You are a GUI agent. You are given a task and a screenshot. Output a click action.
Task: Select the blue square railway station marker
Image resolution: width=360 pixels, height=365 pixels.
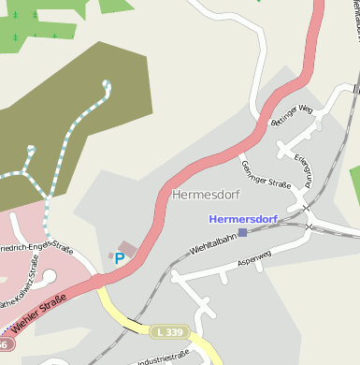click(x=243, y=232)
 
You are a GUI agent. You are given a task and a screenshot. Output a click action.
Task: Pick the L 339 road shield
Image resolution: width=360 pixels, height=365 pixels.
click(x=169, y=332)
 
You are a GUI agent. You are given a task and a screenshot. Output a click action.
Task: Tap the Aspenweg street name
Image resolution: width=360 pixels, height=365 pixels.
click(x=255, y=256)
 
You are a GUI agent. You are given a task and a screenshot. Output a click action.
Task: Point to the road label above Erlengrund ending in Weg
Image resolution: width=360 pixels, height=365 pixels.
click(x=289, y=115)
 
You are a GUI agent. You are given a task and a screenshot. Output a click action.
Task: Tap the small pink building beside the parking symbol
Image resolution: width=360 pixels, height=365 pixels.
click(x=127, y=248)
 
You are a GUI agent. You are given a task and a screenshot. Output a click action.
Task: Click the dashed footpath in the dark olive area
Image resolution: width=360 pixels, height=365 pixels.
click(x=65, y=150)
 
